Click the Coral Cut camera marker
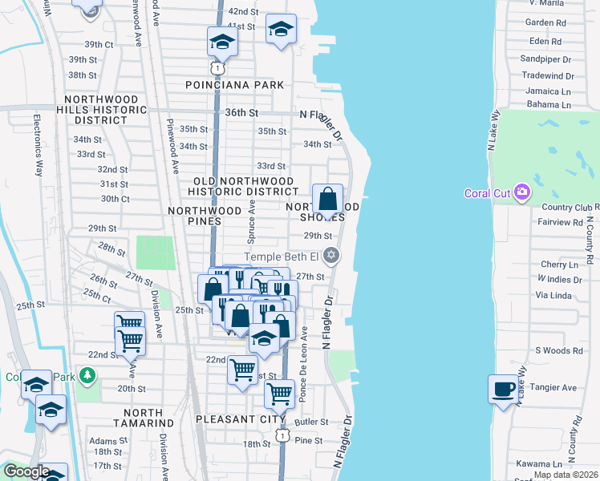523,192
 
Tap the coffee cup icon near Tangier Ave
503,390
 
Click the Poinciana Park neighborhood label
234,84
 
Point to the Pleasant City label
241,419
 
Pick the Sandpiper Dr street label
545,59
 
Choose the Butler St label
312,422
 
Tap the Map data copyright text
566,475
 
